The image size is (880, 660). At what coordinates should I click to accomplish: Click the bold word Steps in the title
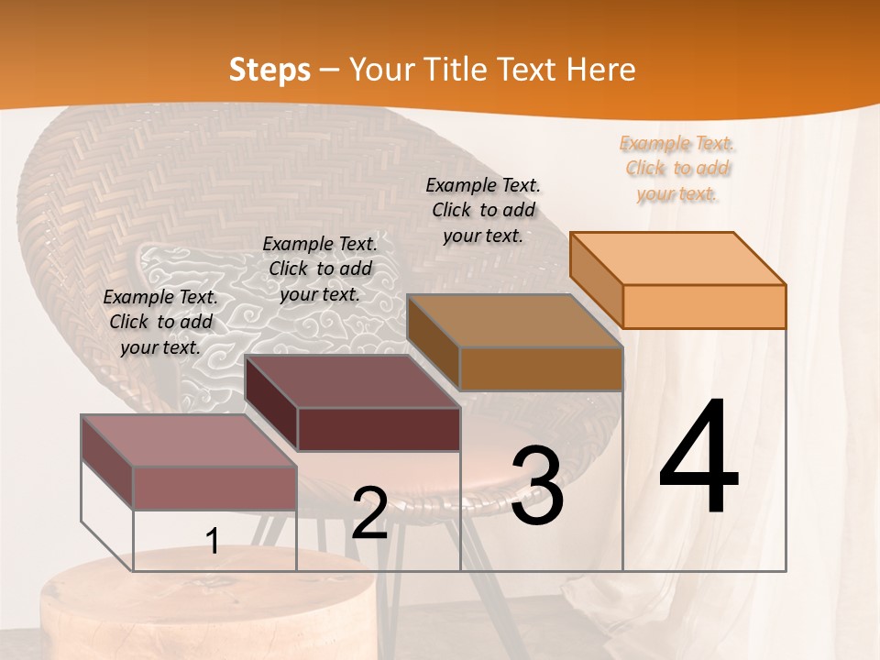pyautogui.click(x=269, y=70)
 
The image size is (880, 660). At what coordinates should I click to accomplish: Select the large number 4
pyautogui.click(x=698, y=458)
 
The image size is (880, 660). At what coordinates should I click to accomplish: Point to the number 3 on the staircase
pyautogui.click(x=537, y=486)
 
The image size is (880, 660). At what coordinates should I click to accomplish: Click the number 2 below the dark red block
pyautogui.click(x=369, y=513)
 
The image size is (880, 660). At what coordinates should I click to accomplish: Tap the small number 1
pyautogui.click(x=213, y=542)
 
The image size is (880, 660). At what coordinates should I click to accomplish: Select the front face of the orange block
pyautogui.click(x=704, y=306)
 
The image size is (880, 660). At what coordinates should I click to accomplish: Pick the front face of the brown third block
pyautogui.click(x=541, y=368)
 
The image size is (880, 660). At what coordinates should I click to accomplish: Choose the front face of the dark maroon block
pyautogui.click(x=379, y=429)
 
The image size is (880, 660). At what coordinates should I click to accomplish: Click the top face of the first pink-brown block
pyautogui.click(x=189, y=441)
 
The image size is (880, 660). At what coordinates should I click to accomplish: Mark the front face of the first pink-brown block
pyautogui.click(x=214, y=488)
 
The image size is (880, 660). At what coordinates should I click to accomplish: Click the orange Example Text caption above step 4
pyautogui.click(x=676, y=168)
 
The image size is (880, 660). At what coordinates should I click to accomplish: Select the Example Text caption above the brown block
pyautogui.click(x=483, y=210)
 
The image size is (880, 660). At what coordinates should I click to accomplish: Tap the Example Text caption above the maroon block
pyautogui.click(x=320, y=269)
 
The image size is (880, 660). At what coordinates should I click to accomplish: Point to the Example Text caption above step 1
pyautogui.click(x=160, y=322)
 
